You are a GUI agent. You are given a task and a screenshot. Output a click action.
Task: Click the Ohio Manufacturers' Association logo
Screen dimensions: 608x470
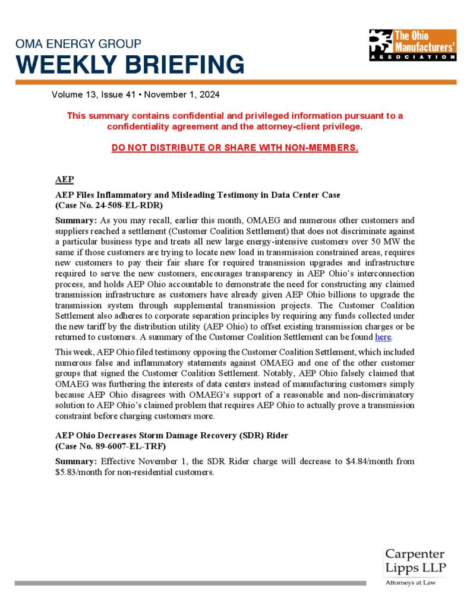pos(412,45)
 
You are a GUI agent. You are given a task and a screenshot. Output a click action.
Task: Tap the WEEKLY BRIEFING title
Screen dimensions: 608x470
pos(130,64)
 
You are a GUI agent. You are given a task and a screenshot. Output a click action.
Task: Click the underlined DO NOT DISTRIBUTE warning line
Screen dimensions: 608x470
pos(235,147)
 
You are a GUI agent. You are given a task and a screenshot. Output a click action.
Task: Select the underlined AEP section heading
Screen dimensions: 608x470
pos(64,179)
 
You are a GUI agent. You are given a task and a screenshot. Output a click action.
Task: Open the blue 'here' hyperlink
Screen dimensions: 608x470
pos(383,337)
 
